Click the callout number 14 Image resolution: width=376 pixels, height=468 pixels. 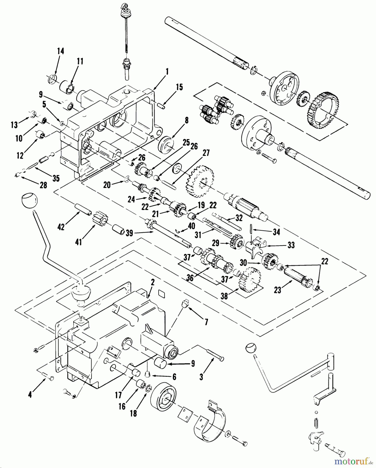60,51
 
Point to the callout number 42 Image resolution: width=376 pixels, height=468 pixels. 61,227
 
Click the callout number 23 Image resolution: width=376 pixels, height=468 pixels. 277,290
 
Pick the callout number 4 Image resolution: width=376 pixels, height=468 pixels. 30,395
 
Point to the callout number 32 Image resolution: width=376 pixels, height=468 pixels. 238,218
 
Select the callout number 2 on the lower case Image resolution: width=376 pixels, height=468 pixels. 153,282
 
